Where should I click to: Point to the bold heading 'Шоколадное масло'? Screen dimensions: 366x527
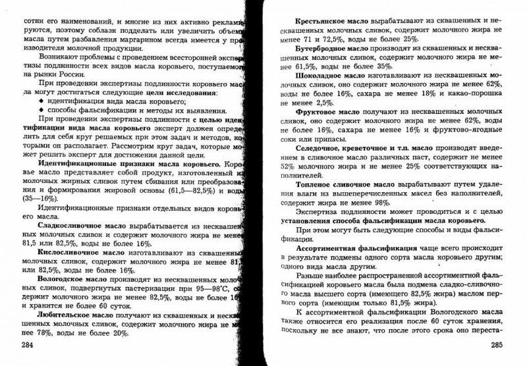pyautogui.click(x=331, y=76)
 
